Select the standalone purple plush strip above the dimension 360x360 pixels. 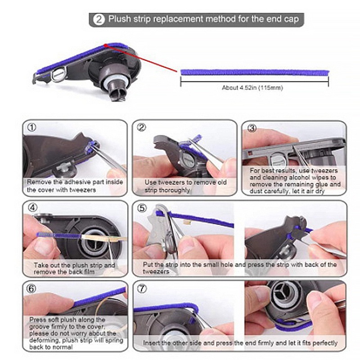pyautogui.click(x=254, y=72)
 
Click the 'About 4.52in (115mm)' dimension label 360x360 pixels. pyautogui.click(x=252, y=88)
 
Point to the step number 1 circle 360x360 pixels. pyautogui.click(x=31, y=127)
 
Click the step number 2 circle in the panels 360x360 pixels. pyautogui.click(x=142, y=127)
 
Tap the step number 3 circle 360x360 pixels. pyautogui.click(x=252, y=127)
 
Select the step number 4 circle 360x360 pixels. pyautogui.click(x=31, y=208)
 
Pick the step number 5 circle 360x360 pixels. pyautogui.click(x=142, y=208)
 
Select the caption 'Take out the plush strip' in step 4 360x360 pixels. pyautogui.click(x=74, y=265)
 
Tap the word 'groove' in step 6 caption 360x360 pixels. pyautogui.click(x=40, y=326)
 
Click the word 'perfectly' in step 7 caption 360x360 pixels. pyautogui.click(x=322, y=343)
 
